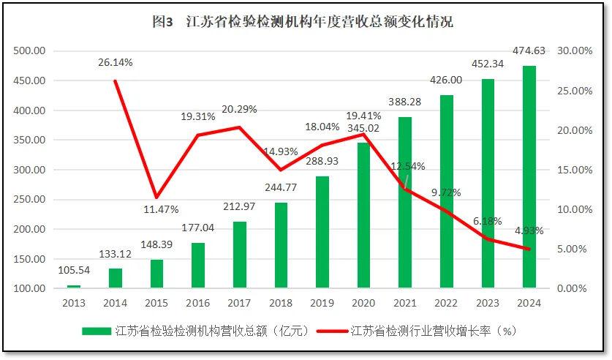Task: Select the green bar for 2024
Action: pos(529,176)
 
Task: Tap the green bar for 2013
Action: pos(74,286)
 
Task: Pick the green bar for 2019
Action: pos(322,232)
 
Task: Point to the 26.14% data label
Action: pos(116,62)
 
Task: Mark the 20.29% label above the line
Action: pos(239,109)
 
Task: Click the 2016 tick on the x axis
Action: pos(198,303)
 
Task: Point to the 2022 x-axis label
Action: pos(446,303)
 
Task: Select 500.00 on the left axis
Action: pos(29,51)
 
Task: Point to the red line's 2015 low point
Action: pos(156,197)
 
